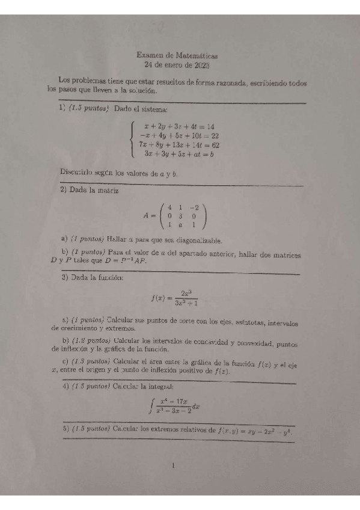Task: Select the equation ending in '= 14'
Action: click(x=179, y=126)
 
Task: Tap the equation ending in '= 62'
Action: click(x=179, y=145)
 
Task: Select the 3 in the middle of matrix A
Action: click(x=181, y=217)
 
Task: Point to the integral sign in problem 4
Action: click(x=152, y=406)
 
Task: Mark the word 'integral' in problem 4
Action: click(x=160, y=387)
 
